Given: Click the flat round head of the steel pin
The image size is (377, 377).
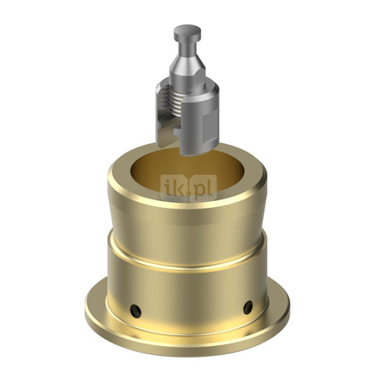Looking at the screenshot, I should click(x=187, y=33).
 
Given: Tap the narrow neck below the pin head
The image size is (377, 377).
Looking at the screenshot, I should click(x=187, y=47).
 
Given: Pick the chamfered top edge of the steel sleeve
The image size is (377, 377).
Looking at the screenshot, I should click(x=193, y=82).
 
